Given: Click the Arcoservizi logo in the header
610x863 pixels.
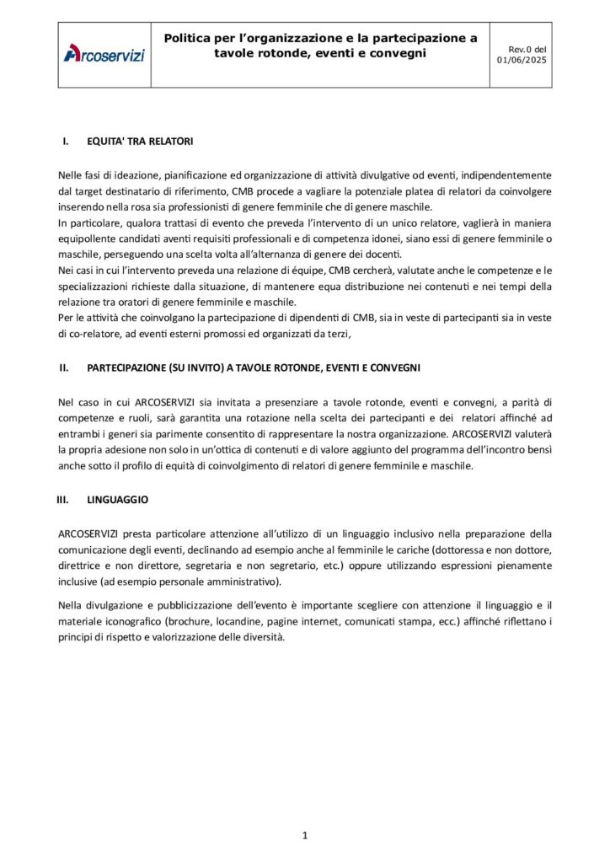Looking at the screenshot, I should pos(104,55).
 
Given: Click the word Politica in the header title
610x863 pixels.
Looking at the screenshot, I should pos(190,38).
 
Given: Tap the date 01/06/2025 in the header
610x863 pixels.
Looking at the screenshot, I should pos(522,60).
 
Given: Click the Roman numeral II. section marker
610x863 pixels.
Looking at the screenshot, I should pos(63,368).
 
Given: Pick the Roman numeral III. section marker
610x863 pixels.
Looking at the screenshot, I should pos(62,500).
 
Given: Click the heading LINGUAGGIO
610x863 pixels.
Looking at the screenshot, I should pos(118,500).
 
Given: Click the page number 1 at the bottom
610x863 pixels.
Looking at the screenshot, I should pos(304,835).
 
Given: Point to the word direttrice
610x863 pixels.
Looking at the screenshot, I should pos(83,566).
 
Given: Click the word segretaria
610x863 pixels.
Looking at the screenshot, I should pos(201,566).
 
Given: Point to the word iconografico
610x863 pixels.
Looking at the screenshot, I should pos(127,621).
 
